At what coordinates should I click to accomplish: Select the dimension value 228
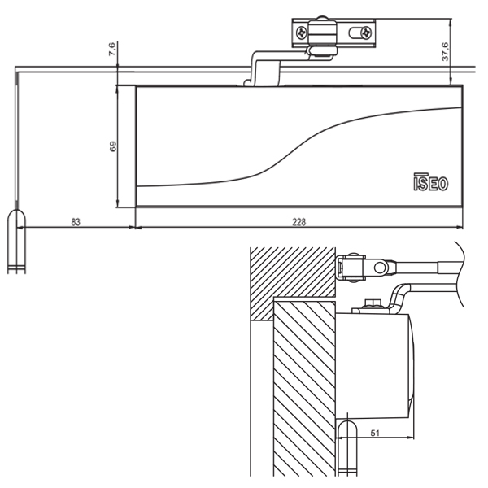[298, 222]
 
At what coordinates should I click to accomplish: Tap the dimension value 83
[75, 222]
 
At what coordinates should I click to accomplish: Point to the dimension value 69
[114, 146]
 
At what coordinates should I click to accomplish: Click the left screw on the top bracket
[302, 33]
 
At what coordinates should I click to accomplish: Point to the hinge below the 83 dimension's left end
[16, 240]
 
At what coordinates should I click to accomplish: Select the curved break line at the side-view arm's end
[460, 272]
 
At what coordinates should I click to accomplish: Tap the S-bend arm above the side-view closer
[404, 294]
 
